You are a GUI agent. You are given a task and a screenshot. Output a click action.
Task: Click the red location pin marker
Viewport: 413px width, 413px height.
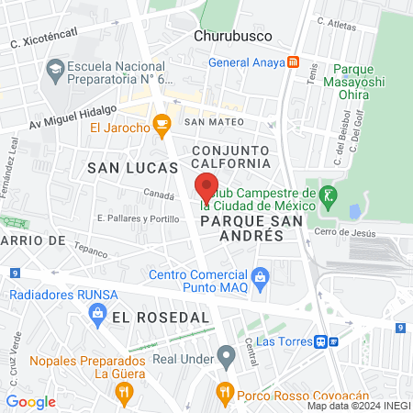point(206,186)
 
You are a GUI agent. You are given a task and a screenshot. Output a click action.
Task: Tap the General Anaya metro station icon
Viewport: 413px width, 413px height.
point(293,62)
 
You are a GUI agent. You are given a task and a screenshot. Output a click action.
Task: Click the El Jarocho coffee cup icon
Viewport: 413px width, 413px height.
point(162,123)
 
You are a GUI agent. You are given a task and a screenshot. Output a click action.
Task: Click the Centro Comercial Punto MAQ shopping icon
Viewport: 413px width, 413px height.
point(261,275)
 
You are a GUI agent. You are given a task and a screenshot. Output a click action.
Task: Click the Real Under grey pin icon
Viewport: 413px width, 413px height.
point(226,354)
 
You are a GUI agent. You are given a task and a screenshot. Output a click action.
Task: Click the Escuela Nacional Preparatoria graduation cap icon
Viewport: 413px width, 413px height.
point(55,69)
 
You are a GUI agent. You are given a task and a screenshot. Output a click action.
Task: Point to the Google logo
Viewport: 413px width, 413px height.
point(31,402)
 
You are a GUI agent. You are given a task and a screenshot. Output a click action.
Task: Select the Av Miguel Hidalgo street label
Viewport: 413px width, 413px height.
point(73,117)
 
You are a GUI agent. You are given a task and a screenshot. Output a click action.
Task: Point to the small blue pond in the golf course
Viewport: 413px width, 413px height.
point(354,212)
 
